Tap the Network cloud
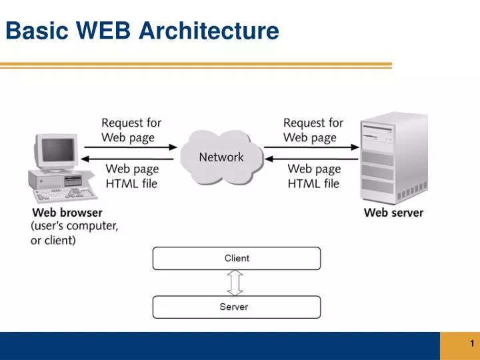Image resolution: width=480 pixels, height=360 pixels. click(x=221, y=157)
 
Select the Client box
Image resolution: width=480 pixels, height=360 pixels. click(x=237, y=258)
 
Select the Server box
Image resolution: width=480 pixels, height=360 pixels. click(x=237, y=307)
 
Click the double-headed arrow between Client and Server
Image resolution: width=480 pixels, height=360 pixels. click(x=234, y=283)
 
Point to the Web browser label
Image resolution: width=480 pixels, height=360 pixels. click(x=67, y=213)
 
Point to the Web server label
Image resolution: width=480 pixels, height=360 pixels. click(x=393, y=213)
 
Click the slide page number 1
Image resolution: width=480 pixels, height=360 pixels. click(x=471, y=344)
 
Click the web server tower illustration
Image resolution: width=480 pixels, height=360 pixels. click(x=393, y=160)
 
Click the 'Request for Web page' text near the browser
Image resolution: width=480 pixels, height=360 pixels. click(x=131, y=130)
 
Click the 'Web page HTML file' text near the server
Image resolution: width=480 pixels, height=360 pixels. click(x=313, y=176)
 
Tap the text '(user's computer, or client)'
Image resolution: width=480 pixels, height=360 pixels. click(x=74, y=233)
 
